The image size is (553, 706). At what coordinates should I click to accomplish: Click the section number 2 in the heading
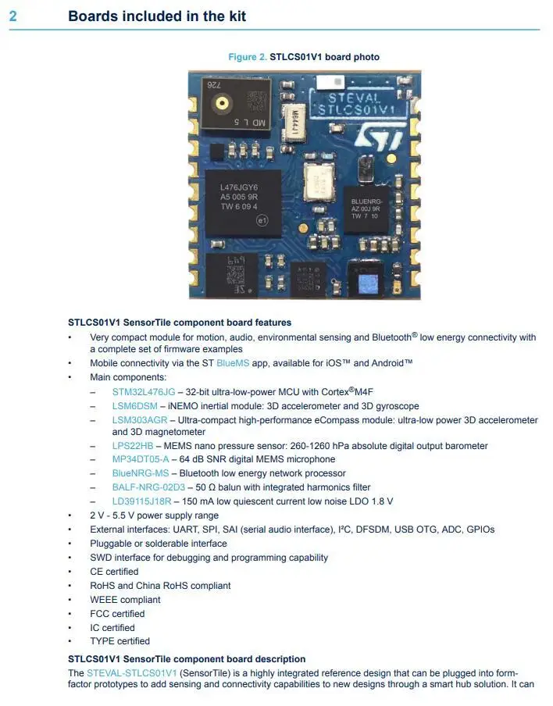(12, 16)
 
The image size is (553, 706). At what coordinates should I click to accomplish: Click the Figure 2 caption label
(247, 57)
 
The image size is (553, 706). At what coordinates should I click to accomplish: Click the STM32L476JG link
(144, 391)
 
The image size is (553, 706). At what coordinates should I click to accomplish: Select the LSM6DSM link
(134, 406)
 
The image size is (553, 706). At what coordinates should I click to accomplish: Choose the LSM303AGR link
(139, 420)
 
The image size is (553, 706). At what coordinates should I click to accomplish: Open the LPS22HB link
(133, 446)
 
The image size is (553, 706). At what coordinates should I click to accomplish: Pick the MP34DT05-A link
(140, 459)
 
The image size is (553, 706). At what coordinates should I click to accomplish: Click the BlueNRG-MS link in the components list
(140, 473)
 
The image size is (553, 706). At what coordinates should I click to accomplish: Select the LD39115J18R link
(141, 501)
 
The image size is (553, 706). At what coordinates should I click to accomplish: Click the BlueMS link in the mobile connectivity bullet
(230, 363)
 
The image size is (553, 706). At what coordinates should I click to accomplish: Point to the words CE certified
(114, 572)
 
